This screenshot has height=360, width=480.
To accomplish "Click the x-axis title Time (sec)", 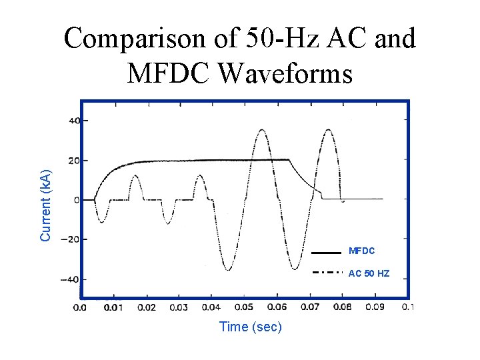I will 251,327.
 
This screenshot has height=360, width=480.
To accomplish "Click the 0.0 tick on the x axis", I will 79,307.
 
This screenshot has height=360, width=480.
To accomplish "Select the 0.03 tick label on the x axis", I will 179,307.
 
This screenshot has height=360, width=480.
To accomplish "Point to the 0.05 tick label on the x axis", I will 244,307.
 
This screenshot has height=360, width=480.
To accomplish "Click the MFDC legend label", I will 362,251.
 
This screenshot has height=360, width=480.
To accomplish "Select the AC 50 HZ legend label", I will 369,273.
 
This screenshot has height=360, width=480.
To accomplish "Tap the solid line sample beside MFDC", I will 326,253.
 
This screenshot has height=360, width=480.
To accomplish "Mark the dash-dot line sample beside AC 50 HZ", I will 327,273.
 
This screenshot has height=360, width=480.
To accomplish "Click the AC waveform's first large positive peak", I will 261,130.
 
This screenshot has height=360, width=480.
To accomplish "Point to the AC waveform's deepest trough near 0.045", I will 228,269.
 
